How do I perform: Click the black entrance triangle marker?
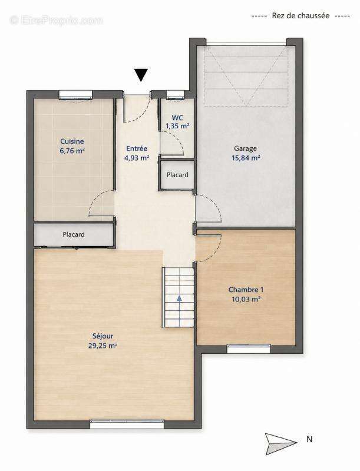pyautogui.click(x=141, y=75)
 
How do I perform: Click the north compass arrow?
pyautogui.click(x=280, y=444)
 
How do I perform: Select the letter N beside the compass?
pyautogui.click(x=309, y=439)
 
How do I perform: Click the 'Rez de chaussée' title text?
pyautogui.click(x=300, y=16)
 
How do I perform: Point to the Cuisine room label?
pyautogui.click(x=72, y=141)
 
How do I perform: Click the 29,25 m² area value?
pyautogui.click(x=103, y=346)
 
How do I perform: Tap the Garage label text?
pyautogui.click(x=246, y=148)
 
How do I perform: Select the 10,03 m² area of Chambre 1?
pyautogui.click(x=246, y=299)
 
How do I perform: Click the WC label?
pyautogui.click(x=177, y=118)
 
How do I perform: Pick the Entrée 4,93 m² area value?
pyautogui.click(x=137, y=158)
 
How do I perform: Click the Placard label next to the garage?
pyautogui.click(x=177, y=175)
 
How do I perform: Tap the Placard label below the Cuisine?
pyautogui.click(x=74, y=234)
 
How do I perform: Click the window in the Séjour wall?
pyautogui.click(x=127, y=424)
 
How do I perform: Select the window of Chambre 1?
pyautogui.click(x=249, y=349)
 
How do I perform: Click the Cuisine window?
pyautogui.click(x=75, y=94)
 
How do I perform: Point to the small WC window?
pyautogui.click(x=176, y=94)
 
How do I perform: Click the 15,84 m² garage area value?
pyautogui.click(x=246, y=158)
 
